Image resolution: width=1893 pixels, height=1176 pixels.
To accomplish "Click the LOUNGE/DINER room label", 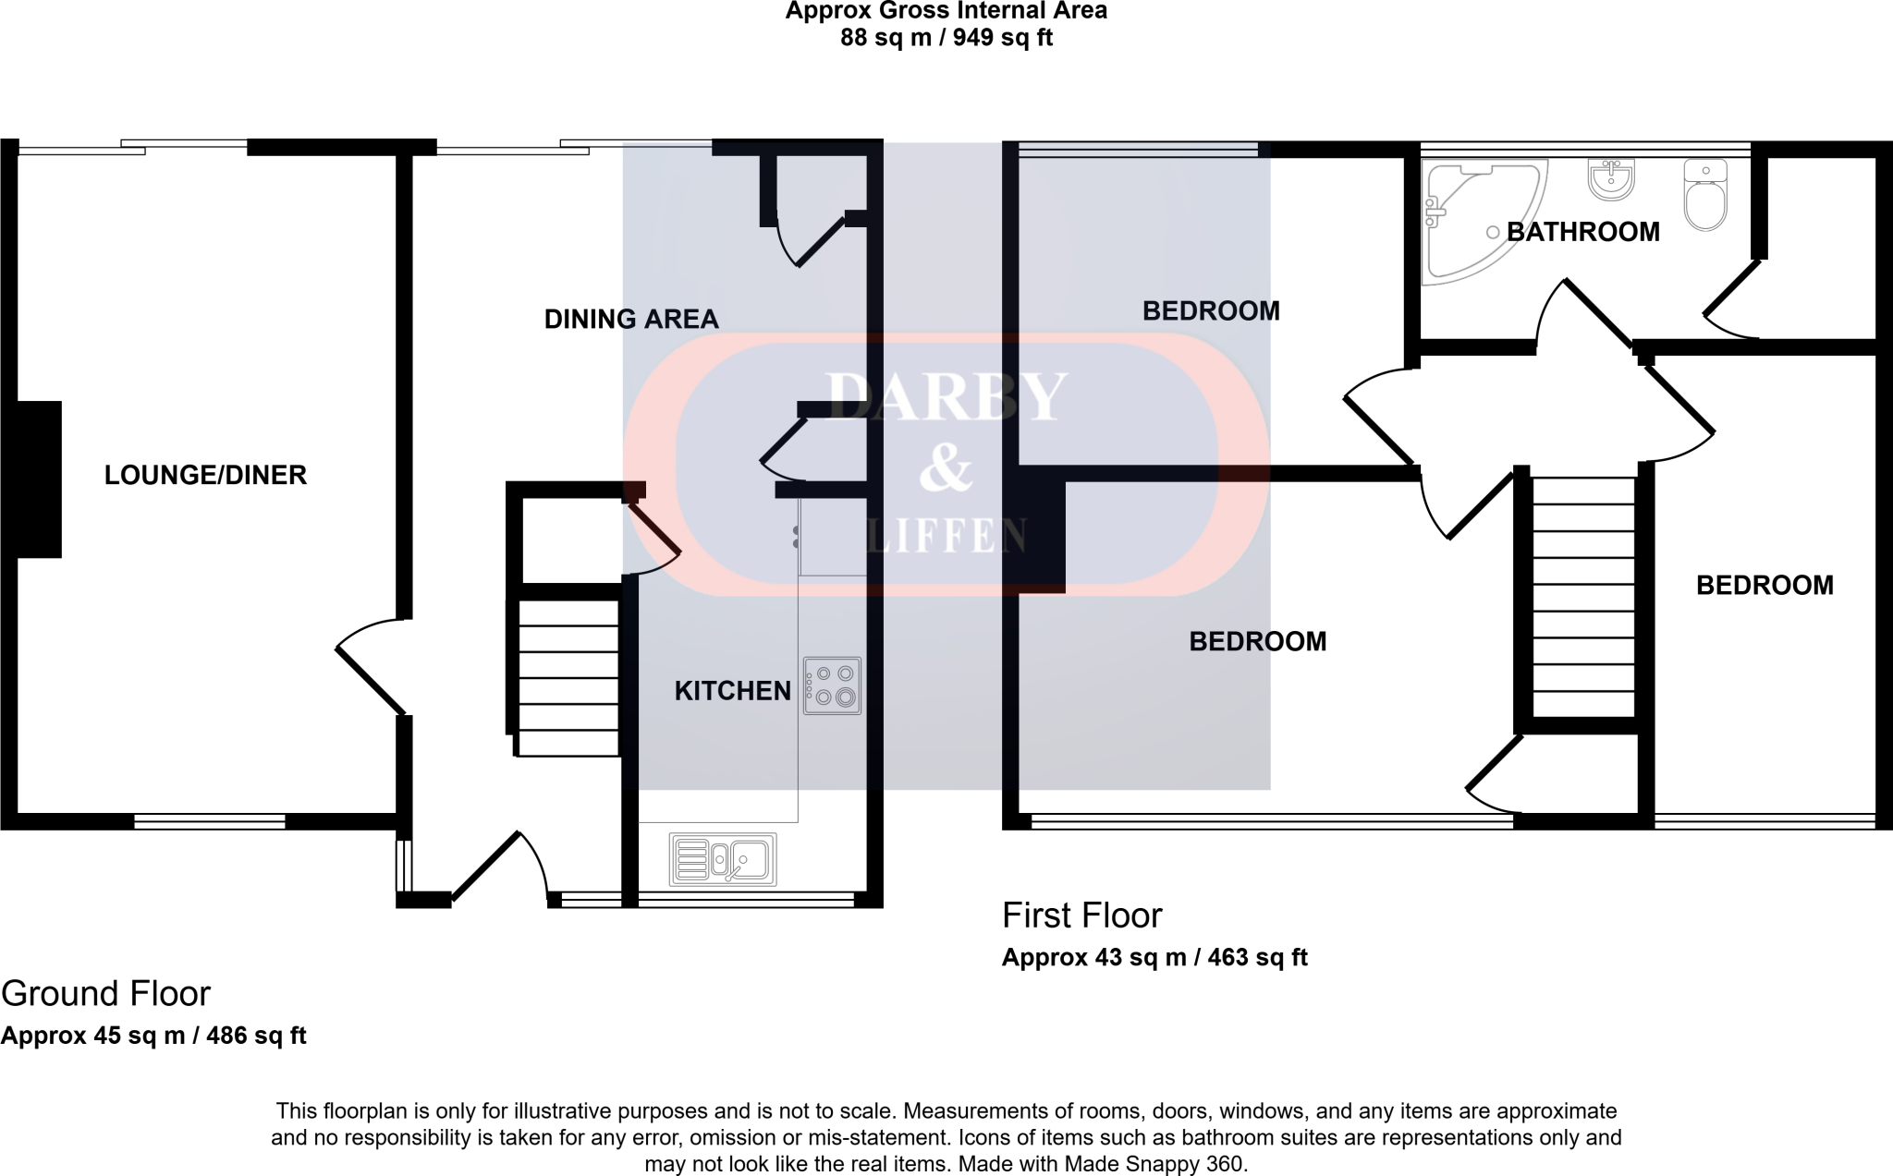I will (x=204, y=475).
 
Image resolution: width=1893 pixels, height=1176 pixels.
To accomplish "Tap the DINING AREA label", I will (x=630, y=320).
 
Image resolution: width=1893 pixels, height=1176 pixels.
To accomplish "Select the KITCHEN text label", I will (x=732, y=691).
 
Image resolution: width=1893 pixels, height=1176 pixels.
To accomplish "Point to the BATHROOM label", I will (x=1582, y=232).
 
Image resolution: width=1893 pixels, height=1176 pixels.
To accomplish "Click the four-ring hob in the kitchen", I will (x=832, y=685).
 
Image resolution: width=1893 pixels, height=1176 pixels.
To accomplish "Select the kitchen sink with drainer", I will (x=723, y=859).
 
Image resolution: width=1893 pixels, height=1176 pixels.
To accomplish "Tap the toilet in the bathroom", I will (x=1704, y=196).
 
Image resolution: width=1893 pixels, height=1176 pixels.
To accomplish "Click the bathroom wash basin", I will (x=1611, y=178).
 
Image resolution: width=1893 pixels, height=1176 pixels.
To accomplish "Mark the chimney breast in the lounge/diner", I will (x=39, y=479).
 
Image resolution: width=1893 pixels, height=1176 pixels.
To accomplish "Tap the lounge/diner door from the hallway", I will (x=370, y=665).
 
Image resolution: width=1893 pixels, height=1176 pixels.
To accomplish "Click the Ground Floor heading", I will (x=105, y=994).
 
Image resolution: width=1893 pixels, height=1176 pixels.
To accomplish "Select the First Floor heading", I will (x=1081, y=915).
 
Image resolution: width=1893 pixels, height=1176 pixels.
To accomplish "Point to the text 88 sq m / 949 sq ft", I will (x=946, y=38).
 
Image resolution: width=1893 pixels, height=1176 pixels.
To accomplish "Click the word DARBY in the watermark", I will (x=946, y=397).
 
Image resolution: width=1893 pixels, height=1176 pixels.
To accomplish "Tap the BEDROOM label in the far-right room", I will (x=1764, y=586).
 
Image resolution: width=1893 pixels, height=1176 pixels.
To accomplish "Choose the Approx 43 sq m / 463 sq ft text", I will (x=1154, y=957).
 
